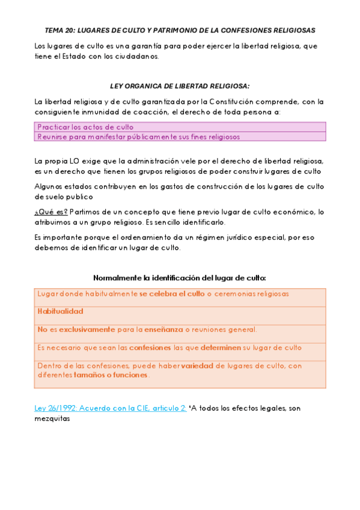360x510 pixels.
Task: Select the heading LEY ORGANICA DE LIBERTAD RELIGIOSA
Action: tap(180, 86)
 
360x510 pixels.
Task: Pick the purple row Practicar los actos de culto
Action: tap(85, 127)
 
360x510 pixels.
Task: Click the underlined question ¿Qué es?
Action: tap(51, 211)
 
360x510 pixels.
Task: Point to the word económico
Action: tap(296, 211)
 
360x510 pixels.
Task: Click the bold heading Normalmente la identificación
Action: tap(180, 278)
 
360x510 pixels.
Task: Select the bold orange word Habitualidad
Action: tap(60, 312)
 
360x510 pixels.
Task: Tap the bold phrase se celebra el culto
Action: tap(172, 294)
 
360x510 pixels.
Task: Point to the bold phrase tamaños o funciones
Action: tap(111, 375)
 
